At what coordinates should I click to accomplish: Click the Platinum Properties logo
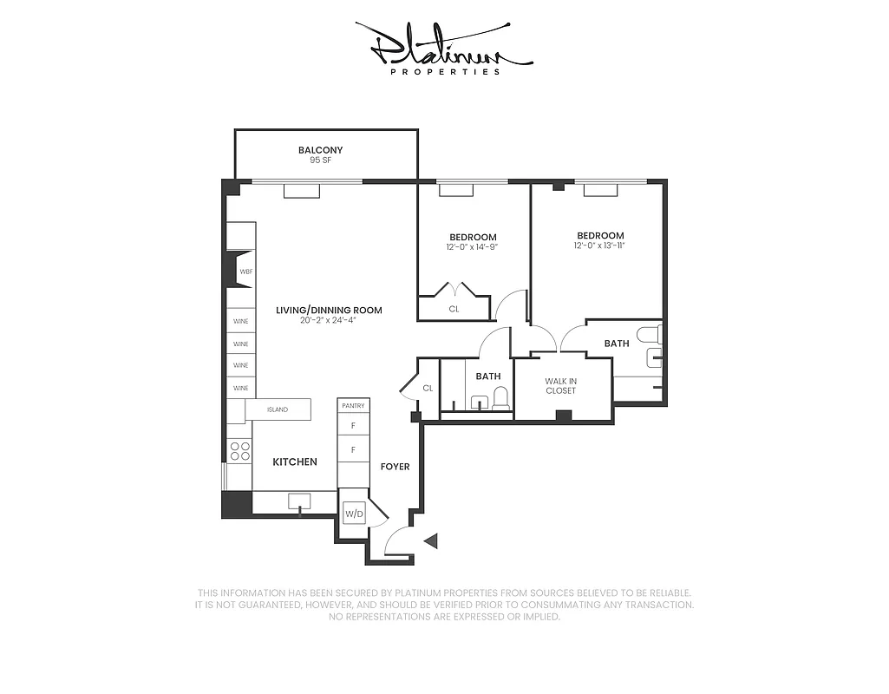coord(444,49)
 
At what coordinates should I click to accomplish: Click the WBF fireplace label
coord(245,271)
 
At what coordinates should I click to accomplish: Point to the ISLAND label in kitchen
coord(277,409)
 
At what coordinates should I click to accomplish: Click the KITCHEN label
coord(295,462)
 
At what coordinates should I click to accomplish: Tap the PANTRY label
coord(353,406)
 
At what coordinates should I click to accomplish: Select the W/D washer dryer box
coord(354,514)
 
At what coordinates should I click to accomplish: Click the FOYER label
coord(395,467)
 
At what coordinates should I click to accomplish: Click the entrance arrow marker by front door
coord(432,541)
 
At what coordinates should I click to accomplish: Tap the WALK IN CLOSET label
coord(560,386)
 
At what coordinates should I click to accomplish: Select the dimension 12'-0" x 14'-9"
coord(473,247)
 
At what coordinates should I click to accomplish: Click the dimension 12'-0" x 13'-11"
coord(600,246)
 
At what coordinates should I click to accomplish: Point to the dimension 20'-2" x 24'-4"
coord(329,320)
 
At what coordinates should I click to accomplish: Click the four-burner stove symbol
coord(239,451)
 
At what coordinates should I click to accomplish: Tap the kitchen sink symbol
coord(300,501)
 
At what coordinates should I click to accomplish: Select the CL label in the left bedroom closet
coord(454,308)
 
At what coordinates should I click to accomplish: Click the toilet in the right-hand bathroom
coord(650,334)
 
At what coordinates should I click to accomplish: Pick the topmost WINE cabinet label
coord(240,322)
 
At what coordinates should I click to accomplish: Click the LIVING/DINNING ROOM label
coord(329,310)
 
